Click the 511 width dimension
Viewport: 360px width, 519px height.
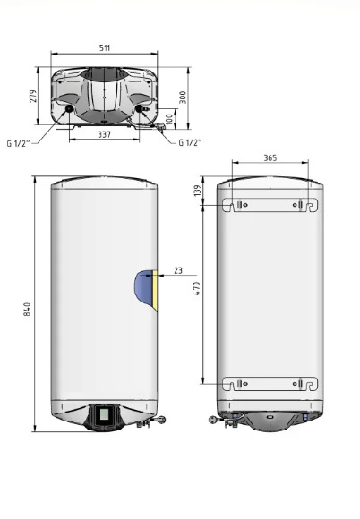coord(105,47)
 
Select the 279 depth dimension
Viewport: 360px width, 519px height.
coord(33,96)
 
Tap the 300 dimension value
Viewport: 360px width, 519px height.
coord(183,98)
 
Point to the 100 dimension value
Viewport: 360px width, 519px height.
coord(169,119)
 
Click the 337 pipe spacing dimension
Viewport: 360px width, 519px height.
coord(104,134)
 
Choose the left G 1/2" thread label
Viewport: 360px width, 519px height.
coord(18,143)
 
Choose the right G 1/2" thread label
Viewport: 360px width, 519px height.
coord(190,142)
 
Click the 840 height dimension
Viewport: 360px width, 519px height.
coord(27,309)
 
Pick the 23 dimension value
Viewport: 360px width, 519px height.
coord(178,270)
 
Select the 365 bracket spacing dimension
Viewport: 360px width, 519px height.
coord(270,157)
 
